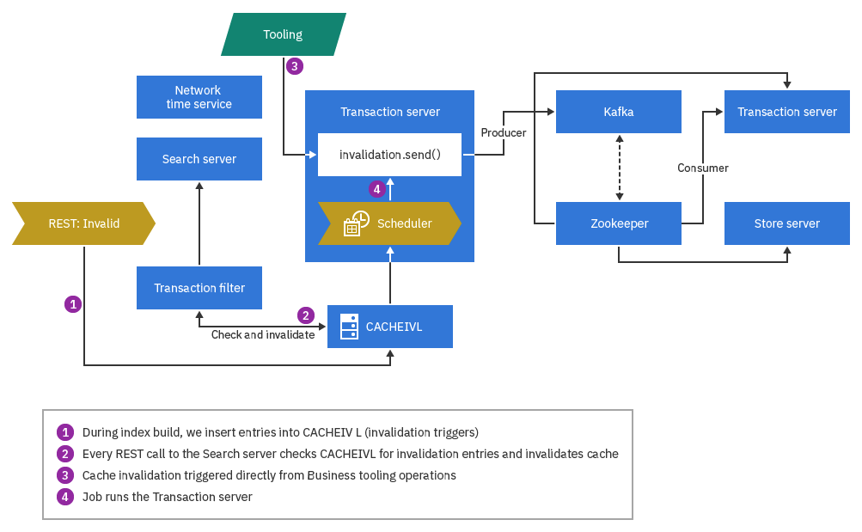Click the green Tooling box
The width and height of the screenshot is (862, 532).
tap(283, 34)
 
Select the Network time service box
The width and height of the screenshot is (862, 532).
tap(199, 97)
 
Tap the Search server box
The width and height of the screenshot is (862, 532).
tap(199, 159)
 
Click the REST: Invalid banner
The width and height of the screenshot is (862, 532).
tap(83, 223)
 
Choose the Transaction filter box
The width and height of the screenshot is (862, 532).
tap(199, 288)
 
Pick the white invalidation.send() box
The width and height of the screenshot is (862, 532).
tap(389, 155)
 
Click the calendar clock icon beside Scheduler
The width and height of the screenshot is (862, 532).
tap(356, 223)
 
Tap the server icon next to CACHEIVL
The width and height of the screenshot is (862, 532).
tap(348, 327)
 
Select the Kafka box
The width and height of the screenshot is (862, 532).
tap(619, 112)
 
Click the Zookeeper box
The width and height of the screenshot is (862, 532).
tap(619, 223)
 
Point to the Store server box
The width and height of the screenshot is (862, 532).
tap(786, 223)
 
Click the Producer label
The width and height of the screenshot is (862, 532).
tap(504, 132)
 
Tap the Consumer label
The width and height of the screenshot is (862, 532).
tap(702, 168)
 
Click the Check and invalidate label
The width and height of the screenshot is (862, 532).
tap(263, 334)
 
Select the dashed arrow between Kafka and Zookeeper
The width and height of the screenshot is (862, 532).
tap(619, 168)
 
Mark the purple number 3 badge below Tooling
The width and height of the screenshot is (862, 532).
tap(295, 65)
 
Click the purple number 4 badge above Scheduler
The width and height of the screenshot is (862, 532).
tap(376, 188)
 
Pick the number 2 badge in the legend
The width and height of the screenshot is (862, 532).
tap(65, 454)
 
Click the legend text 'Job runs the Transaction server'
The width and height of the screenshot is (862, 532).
tap(168, 497)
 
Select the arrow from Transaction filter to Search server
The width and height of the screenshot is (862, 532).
tap(199, 223)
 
